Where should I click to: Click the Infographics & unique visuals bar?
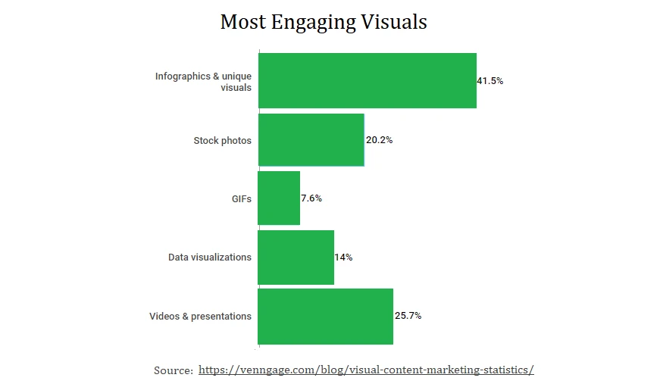point(367,80)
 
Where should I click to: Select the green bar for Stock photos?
point(311,140)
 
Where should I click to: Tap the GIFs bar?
point(279,198)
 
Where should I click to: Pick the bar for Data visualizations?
point(296,257)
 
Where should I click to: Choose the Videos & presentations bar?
point(325,317)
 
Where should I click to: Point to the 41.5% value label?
point(490,81)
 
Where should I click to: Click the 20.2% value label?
point(378,140)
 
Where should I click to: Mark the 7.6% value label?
point(311,198)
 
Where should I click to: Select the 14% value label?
point(343,257)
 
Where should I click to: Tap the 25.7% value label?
point(408,316)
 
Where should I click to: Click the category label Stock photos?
point(222,141)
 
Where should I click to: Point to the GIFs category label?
point(242,199)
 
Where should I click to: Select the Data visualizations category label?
point(209,257)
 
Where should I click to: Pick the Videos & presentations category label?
point(200,317)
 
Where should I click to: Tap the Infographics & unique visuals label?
point(203,82)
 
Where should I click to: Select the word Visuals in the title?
point(394,22)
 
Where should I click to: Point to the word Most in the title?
point(242,22)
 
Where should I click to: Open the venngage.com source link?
point(366,370)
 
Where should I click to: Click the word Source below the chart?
point(173,370)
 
